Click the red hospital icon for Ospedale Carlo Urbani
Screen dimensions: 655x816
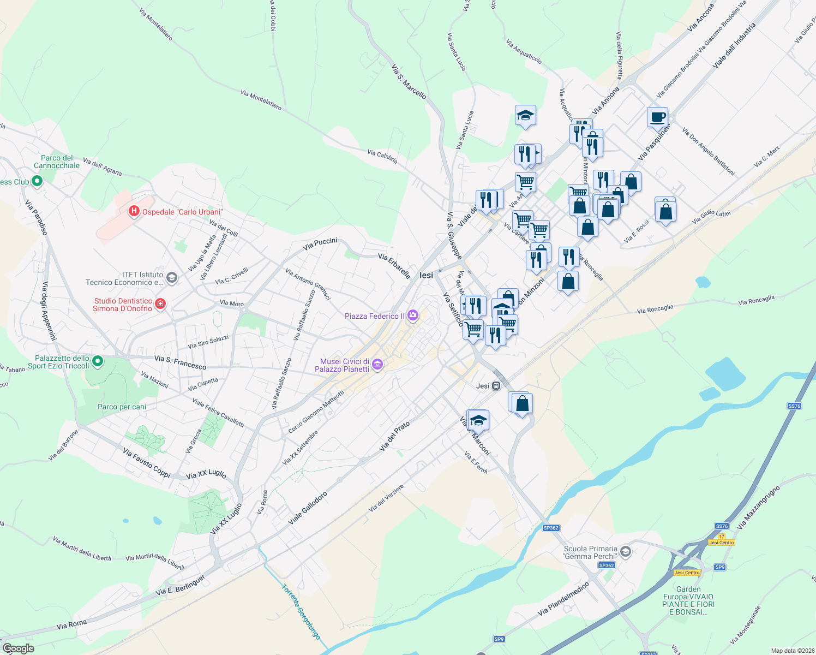coord(134,211)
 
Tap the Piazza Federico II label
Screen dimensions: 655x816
coord(375,316)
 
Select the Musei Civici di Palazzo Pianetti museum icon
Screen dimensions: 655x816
coord(377,365)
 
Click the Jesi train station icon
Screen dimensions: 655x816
coord(496,386)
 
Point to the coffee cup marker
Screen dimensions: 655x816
coord(658,117)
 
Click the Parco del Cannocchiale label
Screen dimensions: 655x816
coord(57,162)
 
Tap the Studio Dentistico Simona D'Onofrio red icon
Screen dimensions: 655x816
coord(160,304)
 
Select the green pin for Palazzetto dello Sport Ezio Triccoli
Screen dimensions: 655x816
coord(98,361)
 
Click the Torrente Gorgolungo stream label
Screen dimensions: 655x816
coord(301,612)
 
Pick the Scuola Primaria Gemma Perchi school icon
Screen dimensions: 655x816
coord(626,552)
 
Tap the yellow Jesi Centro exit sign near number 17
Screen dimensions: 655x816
coord(722,543)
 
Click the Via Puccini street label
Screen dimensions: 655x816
coord(320,244)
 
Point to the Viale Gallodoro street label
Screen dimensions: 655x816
coord(308,508)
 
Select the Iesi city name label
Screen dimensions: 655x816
coord(426,275)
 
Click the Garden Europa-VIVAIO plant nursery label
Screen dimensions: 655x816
coord(688,600)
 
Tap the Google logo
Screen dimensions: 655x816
coord(18,648)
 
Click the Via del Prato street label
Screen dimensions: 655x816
coord(394,436)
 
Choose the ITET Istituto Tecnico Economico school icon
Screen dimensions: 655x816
coord(171,278)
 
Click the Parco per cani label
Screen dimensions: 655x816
coord(122,407)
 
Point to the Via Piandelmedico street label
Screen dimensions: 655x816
coord(563,599)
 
